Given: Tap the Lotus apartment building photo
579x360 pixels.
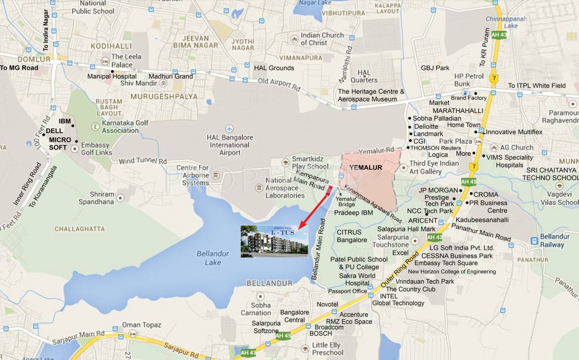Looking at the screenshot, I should click(275, 241).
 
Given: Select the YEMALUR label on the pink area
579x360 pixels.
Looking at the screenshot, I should click(366, 167).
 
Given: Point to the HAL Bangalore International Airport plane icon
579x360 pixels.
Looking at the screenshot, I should click(229, 128).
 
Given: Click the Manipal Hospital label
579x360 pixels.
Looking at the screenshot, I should click(112, 76).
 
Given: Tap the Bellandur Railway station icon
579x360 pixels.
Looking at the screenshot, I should click(534, 240).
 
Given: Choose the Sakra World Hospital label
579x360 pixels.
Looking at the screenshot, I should click(357, 279).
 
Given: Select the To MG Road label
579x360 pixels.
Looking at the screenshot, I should click(19, 68).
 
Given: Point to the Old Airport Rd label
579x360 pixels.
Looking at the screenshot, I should click(279, 84).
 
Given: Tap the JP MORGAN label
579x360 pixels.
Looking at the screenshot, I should click(438, 190).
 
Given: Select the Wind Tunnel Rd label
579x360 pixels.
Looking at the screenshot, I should click(142, 161).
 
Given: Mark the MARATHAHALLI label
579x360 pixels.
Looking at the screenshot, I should click(457, 111).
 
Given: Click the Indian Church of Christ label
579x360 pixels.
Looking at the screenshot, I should click(322, 39).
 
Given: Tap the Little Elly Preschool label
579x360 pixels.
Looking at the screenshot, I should click(327, 349).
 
